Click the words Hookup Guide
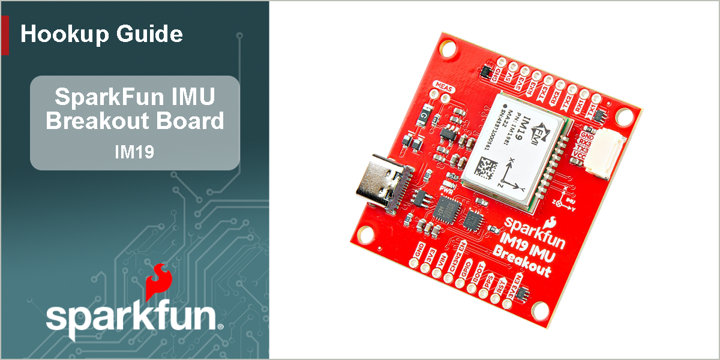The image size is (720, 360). pos(101,34)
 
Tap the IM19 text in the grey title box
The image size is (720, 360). pos(134,152)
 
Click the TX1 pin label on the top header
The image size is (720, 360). pos(592,110)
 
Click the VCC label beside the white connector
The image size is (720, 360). pos(580,157)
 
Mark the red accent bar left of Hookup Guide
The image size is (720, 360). pos(5,35)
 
